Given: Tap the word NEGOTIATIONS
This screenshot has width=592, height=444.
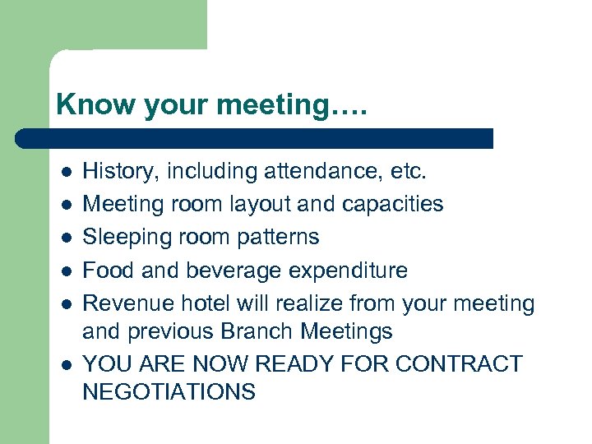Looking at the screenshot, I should pyautogui.click(x=169, y=392).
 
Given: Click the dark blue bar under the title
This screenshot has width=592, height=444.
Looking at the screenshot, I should pyautogui.click(x=255, y=138).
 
